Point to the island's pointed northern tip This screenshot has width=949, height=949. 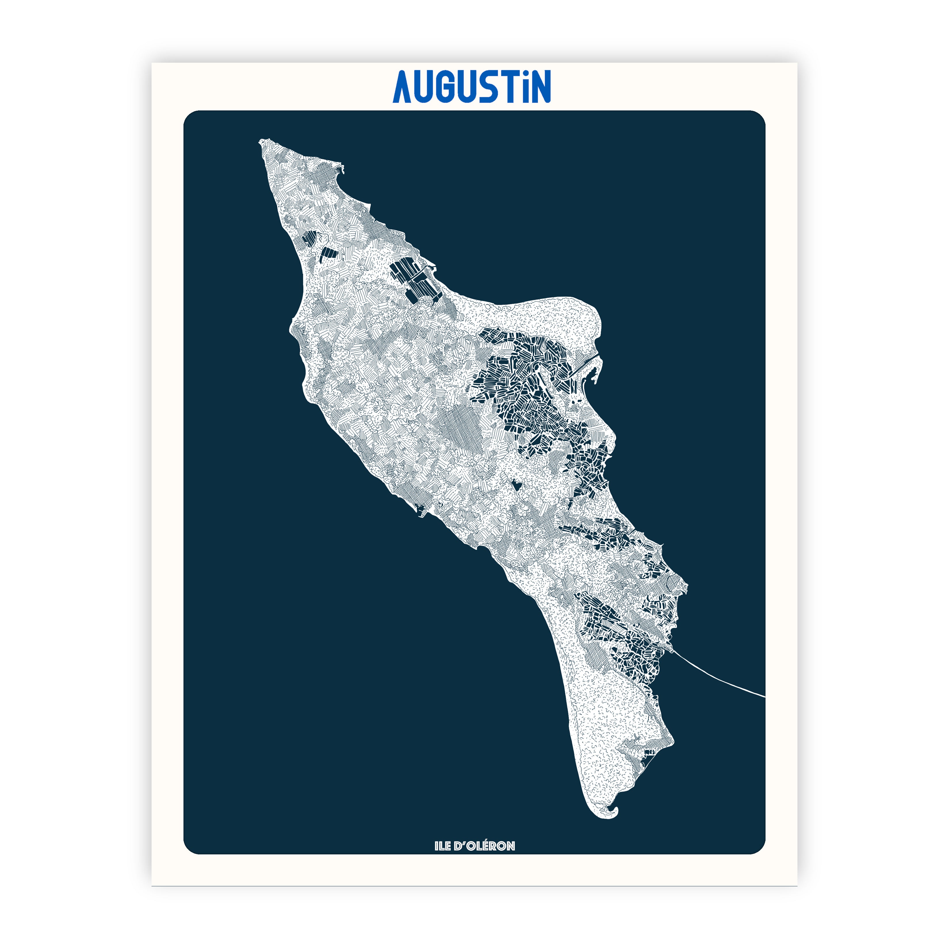262,142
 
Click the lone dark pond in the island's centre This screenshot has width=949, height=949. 516,485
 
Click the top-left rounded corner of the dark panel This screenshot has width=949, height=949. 189,116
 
